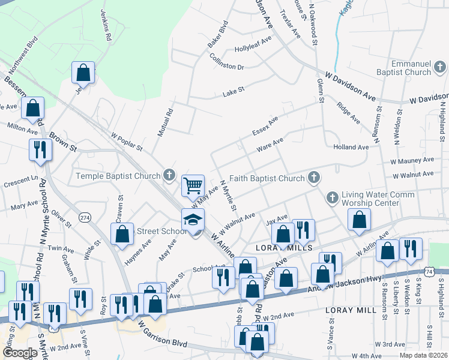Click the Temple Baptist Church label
(118, 176)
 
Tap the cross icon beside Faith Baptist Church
(313, 177)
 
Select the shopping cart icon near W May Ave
(193, 185)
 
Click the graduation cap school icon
(193, 220)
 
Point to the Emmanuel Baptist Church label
(410, 68)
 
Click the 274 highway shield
(85, 217)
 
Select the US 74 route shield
(429, 272)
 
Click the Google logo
(19, 353)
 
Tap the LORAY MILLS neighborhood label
(284, 247)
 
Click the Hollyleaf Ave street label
(253, 44)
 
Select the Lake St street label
(234, 92)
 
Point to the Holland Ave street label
(351, 147)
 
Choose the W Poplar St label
(126, 142)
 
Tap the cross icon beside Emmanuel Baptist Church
(440, 66)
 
